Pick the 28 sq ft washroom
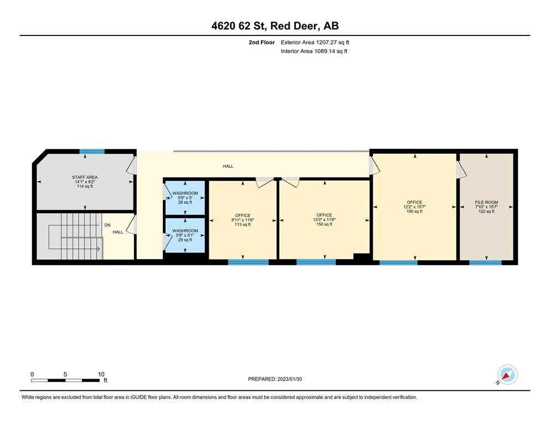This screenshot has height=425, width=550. click(185, 198)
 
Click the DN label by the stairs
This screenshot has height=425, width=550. click(107, 226)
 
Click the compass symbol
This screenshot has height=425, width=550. click(507, 375)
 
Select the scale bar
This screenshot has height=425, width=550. click(67, 380)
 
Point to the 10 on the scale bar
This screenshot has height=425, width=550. click(101, 374)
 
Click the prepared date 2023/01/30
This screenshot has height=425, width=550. click(275, 379)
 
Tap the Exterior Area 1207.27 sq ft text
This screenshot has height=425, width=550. click(315, 42)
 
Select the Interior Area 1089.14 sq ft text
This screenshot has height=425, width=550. click(314, 51)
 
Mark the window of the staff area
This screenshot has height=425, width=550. click(92, 151)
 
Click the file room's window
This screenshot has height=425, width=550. click(486, 262)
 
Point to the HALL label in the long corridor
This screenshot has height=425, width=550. click(228, 166)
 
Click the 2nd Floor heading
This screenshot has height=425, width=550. click(262, 42)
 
